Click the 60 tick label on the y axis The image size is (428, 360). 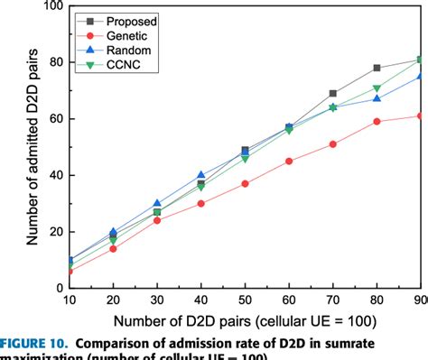click(52, 119)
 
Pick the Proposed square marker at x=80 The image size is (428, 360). click(377, 69)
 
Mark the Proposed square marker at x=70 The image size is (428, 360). click(333, 93)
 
